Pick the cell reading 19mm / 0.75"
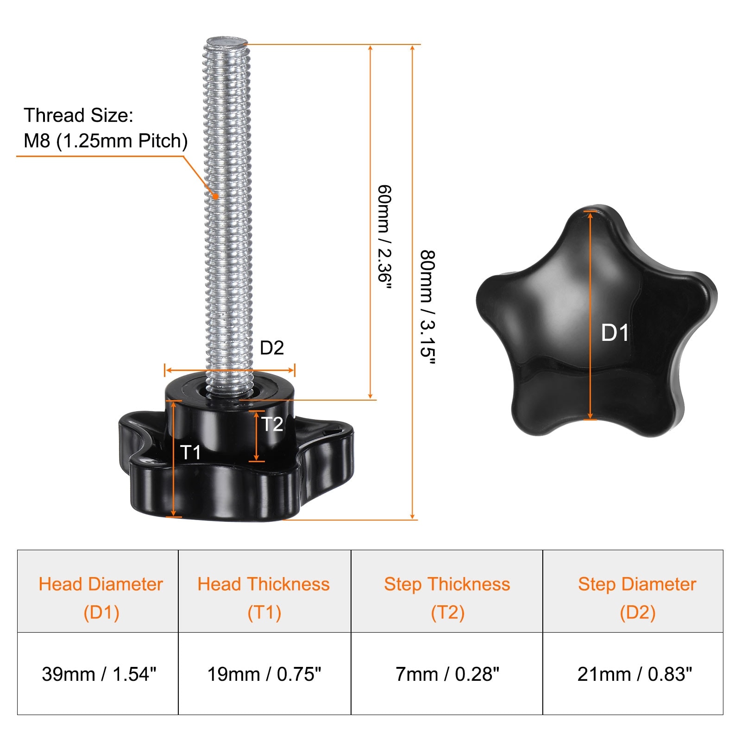(264, 673)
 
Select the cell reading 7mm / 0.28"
(447, 673)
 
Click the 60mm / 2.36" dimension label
(385, 237)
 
